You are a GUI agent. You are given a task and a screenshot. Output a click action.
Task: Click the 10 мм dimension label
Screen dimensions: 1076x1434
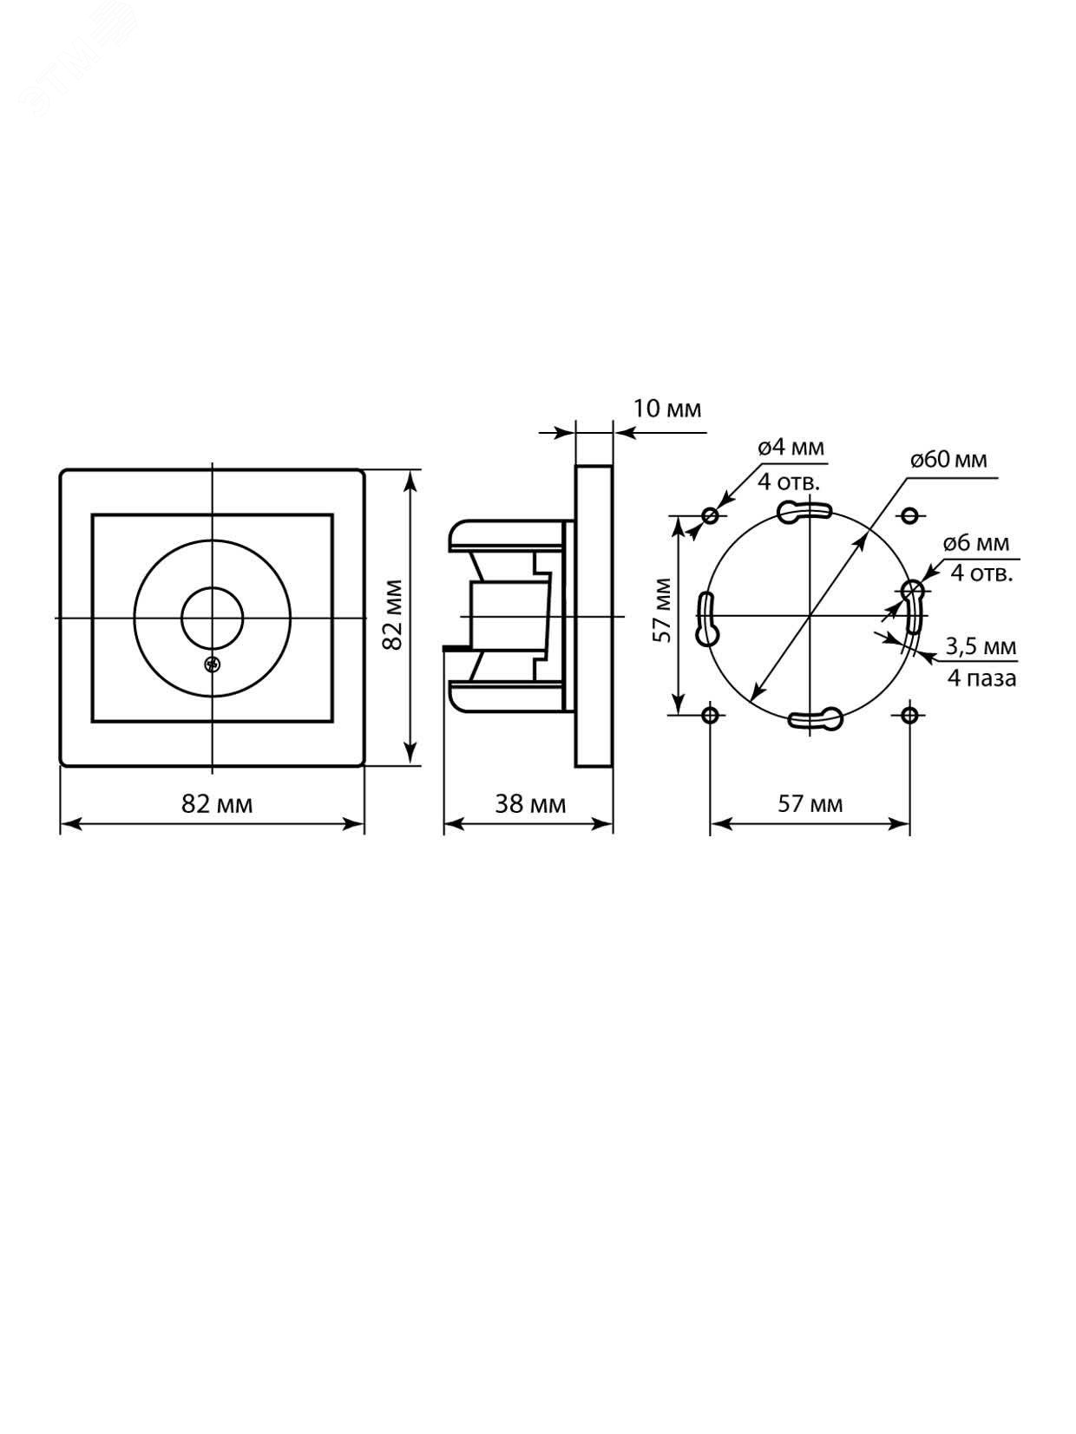click(x=666, y=409)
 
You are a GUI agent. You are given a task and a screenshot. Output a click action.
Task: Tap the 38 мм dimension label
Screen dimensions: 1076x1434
click(x=530, y=803)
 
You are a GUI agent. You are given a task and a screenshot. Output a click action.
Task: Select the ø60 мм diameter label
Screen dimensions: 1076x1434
click(x=949, y=460)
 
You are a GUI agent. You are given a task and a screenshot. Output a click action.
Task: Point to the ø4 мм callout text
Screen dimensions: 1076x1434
click(x=791, y=449)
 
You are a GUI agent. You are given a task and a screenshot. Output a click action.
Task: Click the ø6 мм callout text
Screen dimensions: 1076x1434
click(x=977, y=543)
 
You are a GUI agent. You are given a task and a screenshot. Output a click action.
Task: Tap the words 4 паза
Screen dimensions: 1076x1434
click(x=982, y=678)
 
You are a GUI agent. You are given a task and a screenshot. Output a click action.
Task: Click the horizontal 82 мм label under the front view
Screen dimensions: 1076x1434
click(x=217, y=803)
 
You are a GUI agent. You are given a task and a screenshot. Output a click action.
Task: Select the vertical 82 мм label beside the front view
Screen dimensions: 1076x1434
click(x=391, y=615)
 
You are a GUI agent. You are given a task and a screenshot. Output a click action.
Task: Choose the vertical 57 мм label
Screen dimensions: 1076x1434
click(x=663, y=610)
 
